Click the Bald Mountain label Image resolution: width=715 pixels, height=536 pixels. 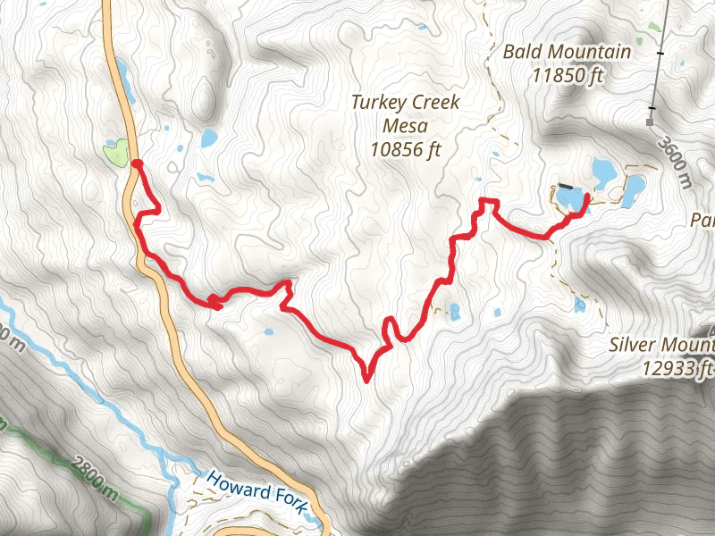567,52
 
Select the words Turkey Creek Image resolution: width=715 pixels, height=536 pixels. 405,102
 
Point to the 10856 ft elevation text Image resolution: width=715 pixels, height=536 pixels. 407,148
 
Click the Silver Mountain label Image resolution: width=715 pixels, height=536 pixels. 662,344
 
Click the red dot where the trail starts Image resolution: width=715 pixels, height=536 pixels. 137,163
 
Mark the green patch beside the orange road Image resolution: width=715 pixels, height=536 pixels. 115,153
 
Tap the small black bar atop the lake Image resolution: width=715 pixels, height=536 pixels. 568,187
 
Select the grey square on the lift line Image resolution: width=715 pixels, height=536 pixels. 651,120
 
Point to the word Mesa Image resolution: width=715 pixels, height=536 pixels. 405,125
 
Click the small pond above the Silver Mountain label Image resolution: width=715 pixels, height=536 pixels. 580,306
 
